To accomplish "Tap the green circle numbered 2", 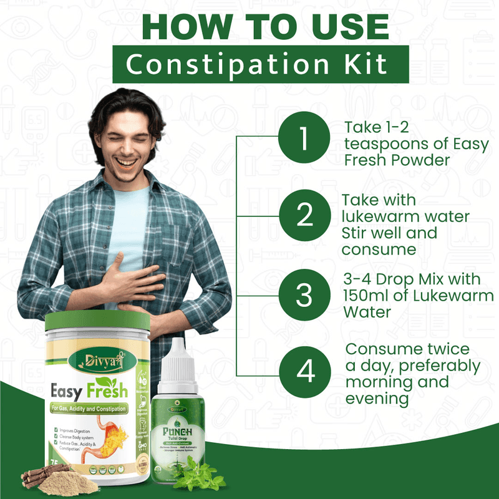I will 304,215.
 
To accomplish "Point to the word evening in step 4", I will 377,398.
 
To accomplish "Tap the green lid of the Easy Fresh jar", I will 97,321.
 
